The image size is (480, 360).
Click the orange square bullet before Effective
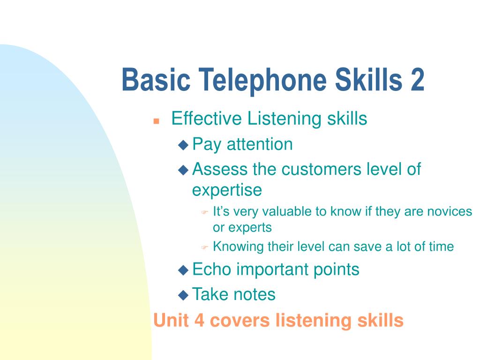click(x=156, y=121)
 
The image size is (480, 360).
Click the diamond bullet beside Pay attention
click(x=183, y=145)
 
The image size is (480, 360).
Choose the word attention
click(x=260, y=144)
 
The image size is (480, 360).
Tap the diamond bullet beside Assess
click(x=183, y=170)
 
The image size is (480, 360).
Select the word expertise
click(x=227, y=190)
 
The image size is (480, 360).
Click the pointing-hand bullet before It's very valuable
click(x=204, y=212)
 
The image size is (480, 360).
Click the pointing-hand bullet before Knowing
click(x=204, y=247)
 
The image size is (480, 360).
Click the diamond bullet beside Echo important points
click(x=183, y=270)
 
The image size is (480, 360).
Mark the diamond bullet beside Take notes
click(x=183, y=295)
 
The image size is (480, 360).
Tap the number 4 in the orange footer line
click(x=199, y=320)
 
